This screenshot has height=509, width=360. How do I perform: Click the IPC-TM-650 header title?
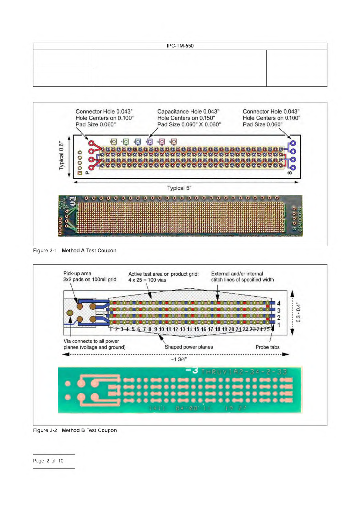tap(180, 46)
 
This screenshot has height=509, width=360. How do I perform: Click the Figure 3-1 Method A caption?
tap(75, 251)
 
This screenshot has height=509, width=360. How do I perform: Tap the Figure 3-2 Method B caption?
tap(75, 430)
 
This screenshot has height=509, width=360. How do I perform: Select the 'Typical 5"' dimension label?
tap(179, 188)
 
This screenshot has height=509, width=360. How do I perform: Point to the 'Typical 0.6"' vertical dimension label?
tap(62, 155)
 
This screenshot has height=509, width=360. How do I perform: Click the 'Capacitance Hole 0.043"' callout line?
tap(188, 112)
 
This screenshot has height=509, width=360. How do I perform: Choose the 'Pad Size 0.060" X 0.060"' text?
tap(189, 125)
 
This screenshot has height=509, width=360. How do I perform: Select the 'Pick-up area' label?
tap(77, 274)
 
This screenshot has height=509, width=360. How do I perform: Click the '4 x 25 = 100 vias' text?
tap(147, 280)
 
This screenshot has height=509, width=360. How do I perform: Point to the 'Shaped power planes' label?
tap(189, 347)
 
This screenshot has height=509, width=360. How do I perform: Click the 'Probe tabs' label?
tap(268, 347)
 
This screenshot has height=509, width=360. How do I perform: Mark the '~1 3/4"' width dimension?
tap(179, 359)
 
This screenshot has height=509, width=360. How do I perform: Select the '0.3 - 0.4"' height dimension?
tap(299, 313)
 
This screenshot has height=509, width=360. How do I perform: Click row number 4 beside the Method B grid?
tap(279, 303)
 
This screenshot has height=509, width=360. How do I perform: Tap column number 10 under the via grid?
tap(161, 329)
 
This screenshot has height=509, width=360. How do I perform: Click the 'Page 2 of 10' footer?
tap(48, 461)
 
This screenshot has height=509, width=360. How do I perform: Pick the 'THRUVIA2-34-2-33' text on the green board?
tap(244, 372)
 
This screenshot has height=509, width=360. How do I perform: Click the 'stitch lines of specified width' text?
tap(242, 280)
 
